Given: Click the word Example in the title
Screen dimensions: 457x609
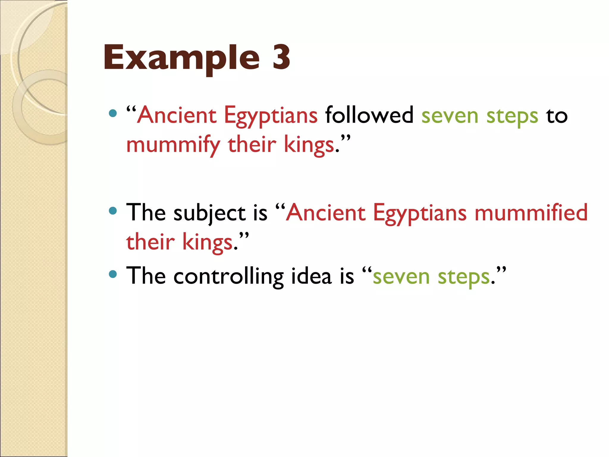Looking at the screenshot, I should click(x=181, y=58).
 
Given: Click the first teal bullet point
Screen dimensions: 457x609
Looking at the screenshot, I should click(x=113, y=113).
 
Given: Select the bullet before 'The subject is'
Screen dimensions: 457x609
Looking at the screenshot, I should click(x=113, y=211).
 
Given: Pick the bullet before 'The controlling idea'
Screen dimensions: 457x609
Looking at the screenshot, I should click(x=113, y=274).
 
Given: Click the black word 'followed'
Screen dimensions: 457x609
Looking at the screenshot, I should click(x=369, y=115).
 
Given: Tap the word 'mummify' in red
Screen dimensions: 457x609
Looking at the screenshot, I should click(x=173, y=145).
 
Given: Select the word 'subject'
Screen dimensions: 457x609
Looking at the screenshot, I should click(x=210, y=213).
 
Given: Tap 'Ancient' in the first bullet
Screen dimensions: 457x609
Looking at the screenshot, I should click(x=177, y=115).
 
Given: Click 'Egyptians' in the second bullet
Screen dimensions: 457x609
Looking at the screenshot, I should click(x=420, y=213).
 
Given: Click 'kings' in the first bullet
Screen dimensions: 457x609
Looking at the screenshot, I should click(x=309, y=145).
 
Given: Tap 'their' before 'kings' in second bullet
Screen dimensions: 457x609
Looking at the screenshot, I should click(x=150, y=242).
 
